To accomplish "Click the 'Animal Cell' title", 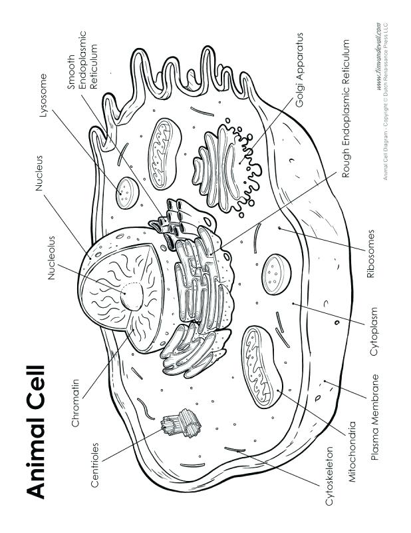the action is pyautogui.click(x=35, y=432).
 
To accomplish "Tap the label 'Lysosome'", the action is pyautogui.click(x=43, y=95).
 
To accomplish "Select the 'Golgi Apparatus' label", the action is pyautogui.click(x=299, y=70).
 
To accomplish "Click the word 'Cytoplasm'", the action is pyautogui.click(x=374, y=331).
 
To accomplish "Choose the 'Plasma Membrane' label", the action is pyautogui.click(x=374, y=417).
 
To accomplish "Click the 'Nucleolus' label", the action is pyautogui.click(x=51, y=258).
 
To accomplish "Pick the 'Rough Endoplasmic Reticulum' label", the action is pyautogui.click(x=346, y=109).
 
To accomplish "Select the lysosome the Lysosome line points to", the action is pyautogui.click(x=127, y=193).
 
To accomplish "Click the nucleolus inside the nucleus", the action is pyautogui.click(x=132, y=296).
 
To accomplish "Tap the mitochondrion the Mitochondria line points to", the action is pyautogui.click(x=261, y=367).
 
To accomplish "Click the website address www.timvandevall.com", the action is pyautogui.click(x=378, y=57).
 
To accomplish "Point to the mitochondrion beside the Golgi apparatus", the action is pyautogui.click(x=164, y=154).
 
